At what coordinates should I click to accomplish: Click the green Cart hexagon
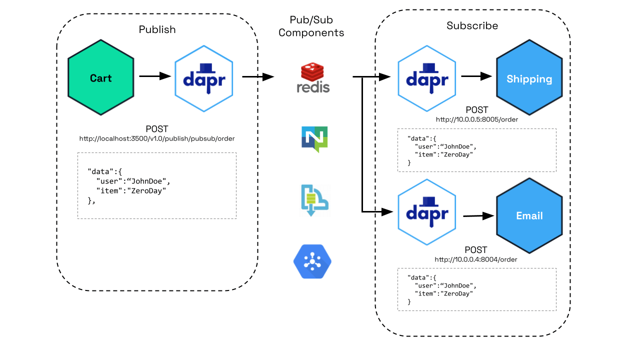(101, 78)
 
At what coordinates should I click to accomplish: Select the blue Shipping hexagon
(529, 79)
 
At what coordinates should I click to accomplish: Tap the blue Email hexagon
(529, 215)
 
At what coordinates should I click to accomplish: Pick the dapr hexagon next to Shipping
(427, 78)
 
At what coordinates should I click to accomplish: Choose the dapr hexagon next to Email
(427, 212)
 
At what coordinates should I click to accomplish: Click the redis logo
(313, 79)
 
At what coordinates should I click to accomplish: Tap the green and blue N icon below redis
(314, 139)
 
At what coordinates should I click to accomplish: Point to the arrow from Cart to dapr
(155, 76)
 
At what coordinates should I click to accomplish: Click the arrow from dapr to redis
(258, 77)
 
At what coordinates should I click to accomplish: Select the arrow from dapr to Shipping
(476, 76)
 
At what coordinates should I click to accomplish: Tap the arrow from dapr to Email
(478, 216)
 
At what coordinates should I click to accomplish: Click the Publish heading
(157, 29)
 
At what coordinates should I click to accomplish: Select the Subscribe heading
(472, 25)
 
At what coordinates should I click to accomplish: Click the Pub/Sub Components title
(311, 26)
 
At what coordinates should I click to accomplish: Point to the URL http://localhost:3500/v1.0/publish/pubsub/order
(157, 138)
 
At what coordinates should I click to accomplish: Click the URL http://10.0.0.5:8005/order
(476, 119)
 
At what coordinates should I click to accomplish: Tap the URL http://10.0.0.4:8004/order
(475, 259)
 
